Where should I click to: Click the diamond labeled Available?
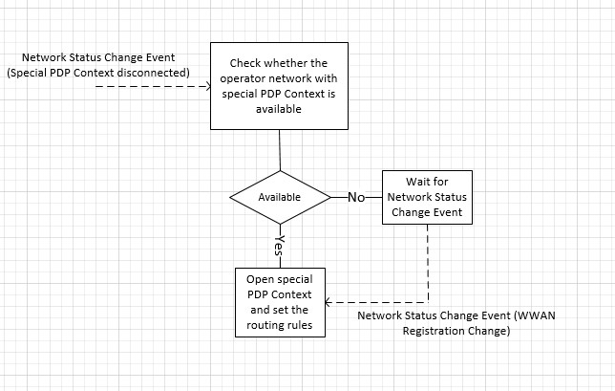279,197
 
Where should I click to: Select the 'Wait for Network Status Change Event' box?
426,197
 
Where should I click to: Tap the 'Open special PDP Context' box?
280,301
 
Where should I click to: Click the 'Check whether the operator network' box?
279,86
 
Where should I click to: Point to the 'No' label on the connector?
356,197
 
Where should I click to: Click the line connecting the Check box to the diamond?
279,149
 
